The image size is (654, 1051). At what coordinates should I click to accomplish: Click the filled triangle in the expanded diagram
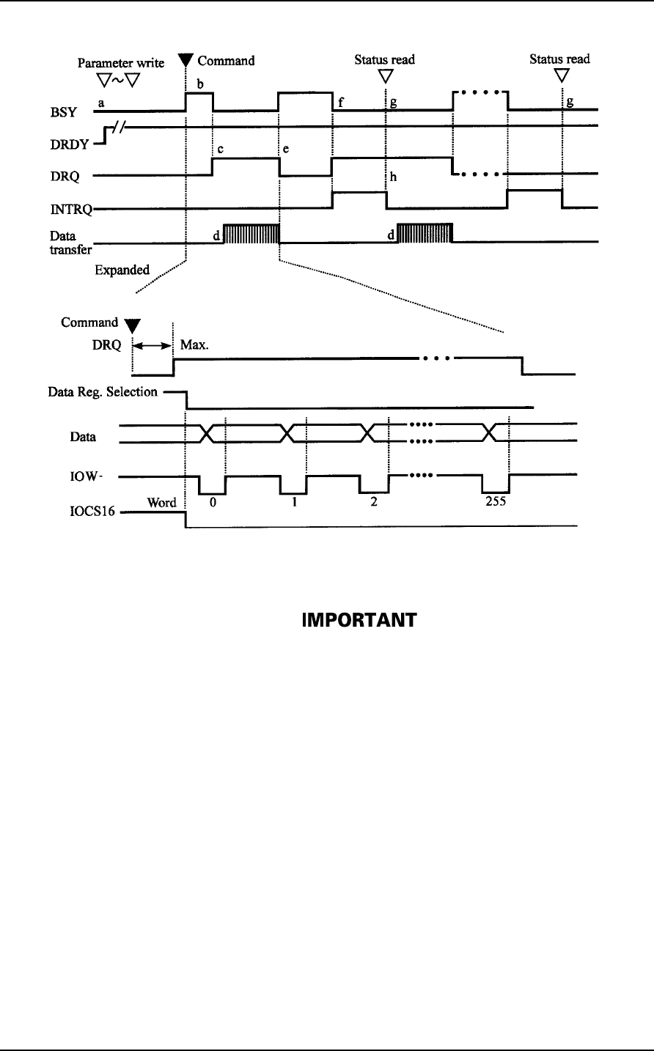(131, 325)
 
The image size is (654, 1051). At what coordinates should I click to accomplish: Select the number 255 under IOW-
(495, 504)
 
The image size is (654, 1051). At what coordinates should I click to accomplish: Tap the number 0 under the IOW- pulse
(213, 504)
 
